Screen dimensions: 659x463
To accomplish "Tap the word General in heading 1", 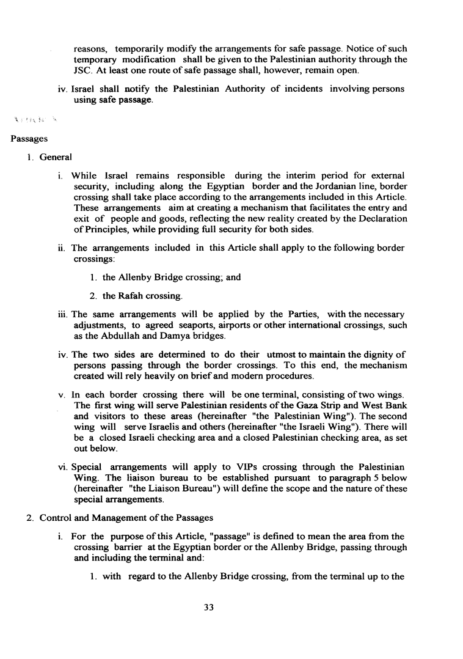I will tap(56, 157).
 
